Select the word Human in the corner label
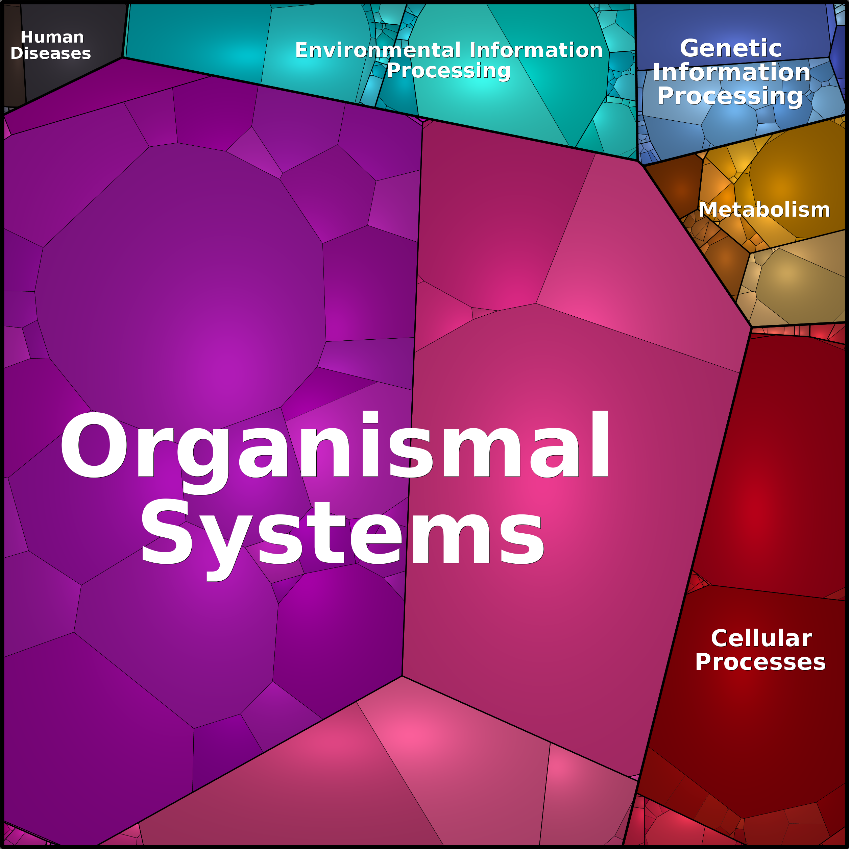pos(52,38)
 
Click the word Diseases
pos(51,53)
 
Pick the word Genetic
pos(730,48)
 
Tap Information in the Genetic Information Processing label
pos(731,72)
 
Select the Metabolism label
pos(764,210)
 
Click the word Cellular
pos(761,638)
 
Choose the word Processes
pos(760,662)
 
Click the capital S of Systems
pos(166,532)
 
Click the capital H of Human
pos(27,38)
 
